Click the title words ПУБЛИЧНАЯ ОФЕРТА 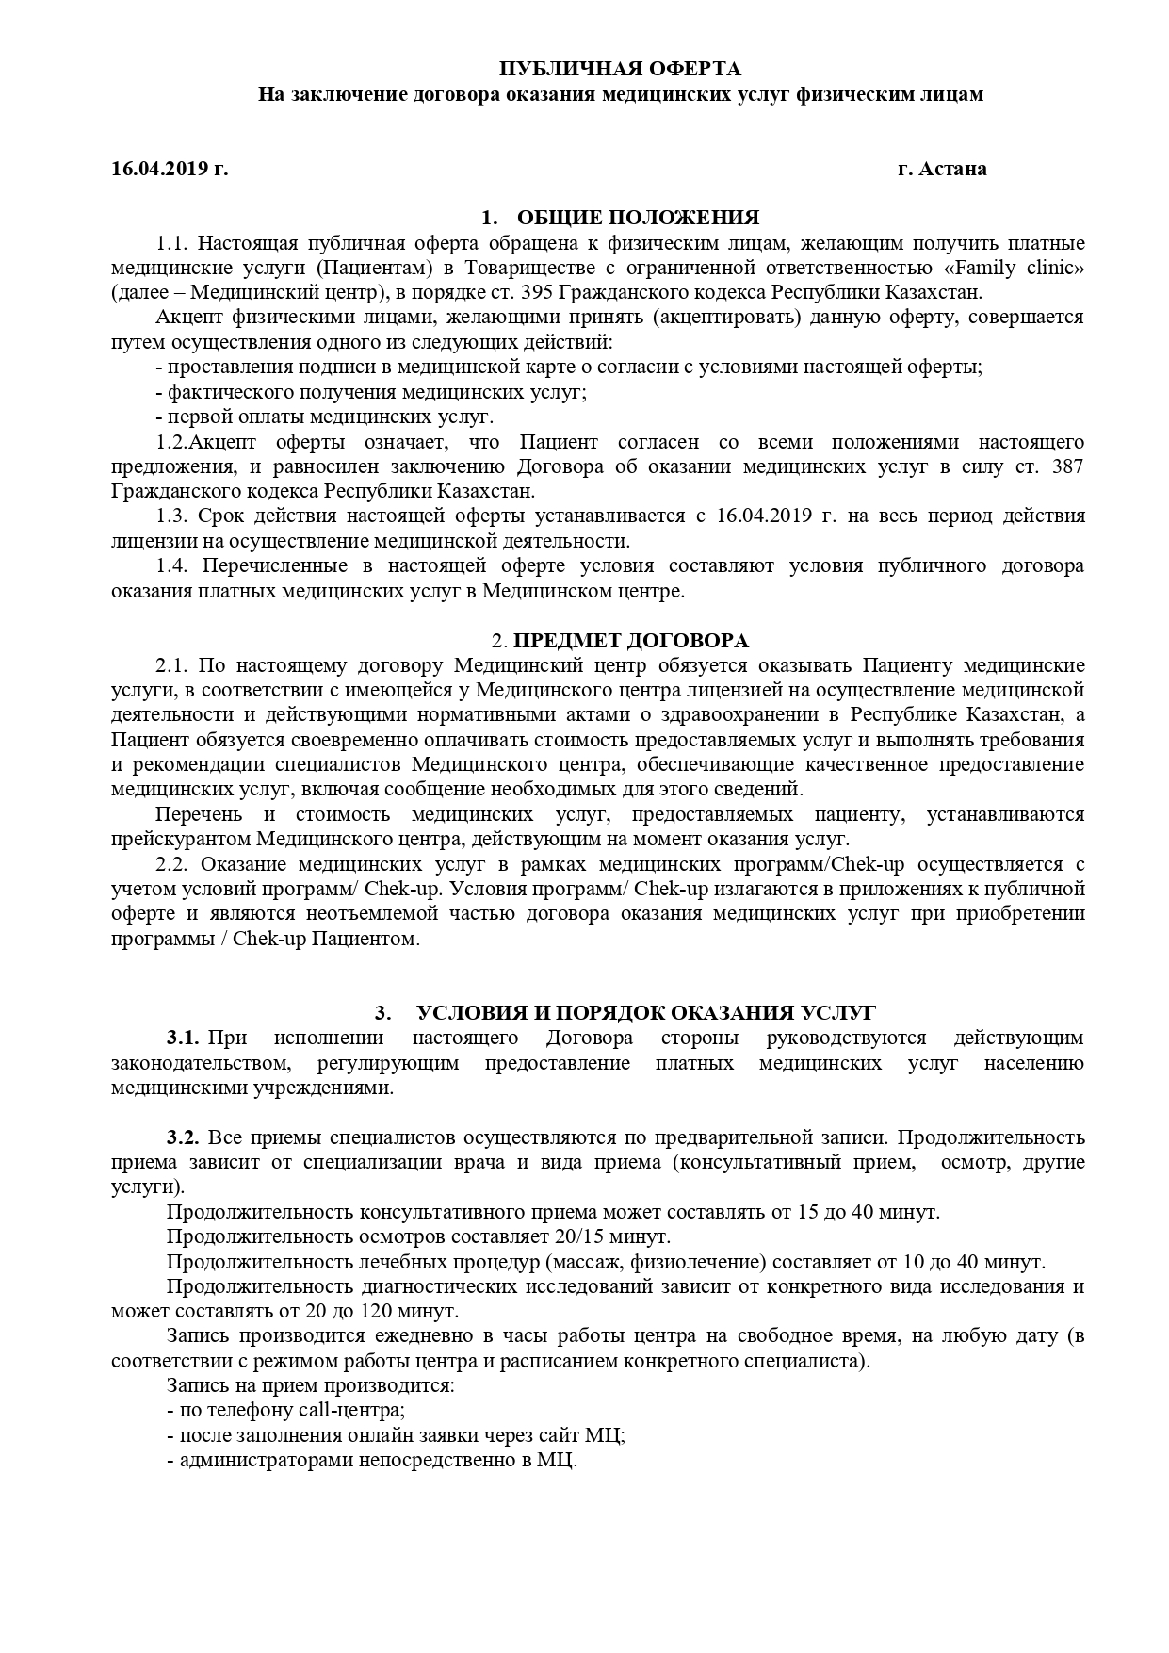619,69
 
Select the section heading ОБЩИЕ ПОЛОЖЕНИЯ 638,218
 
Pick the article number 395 540,292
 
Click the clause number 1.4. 173,565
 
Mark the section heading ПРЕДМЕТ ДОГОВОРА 630,641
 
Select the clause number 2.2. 173,864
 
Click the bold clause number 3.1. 183,1039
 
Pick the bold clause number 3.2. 183,1137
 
